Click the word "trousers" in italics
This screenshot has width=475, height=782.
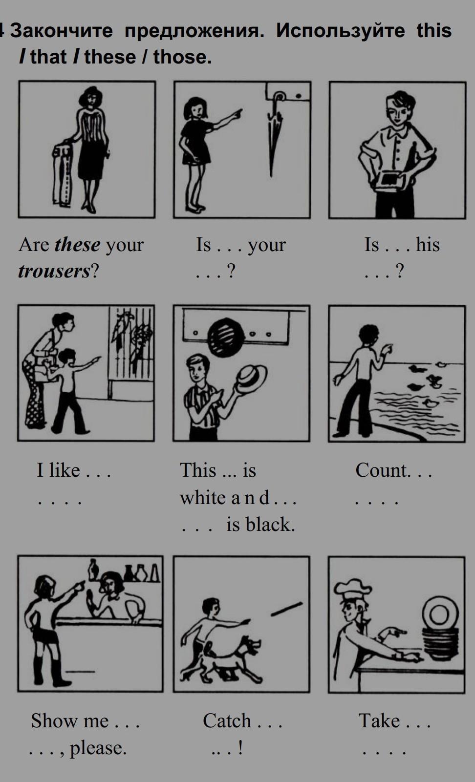coord(54,271)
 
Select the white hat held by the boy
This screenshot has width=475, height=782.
coord(250,380)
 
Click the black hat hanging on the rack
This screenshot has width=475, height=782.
coord(226,337)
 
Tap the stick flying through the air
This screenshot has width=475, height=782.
coord(287,609)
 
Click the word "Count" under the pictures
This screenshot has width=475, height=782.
coord(382,470)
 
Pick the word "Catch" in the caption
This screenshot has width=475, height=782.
coord(227,721)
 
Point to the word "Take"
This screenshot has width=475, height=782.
coord(379,721)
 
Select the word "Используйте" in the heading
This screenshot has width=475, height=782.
coord(341,30)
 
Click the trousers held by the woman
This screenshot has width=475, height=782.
coord(62,174)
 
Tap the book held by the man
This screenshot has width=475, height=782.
coord(390,180)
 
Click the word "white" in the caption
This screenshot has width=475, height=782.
coord(205,497)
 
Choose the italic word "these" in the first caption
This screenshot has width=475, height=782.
coord(78,244)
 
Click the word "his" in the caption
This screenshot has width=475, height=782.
coord(428,244)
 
